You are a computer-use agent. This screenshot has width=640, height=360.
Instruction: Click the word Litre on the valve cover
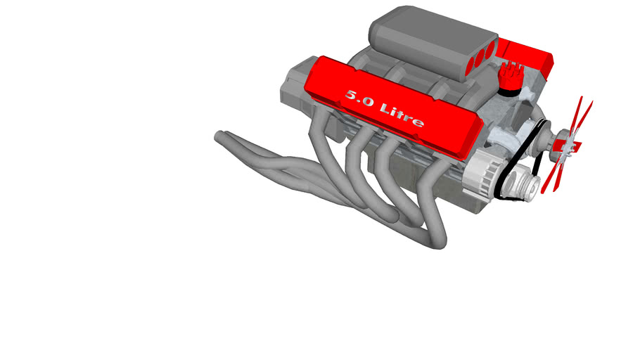coord(402,115)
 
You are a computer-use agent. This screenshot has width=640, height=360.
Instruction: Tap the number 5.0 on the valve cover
coord(359,98)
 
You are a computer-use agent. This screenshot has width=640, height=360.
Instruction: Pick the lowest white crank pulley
coord(520,186)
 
